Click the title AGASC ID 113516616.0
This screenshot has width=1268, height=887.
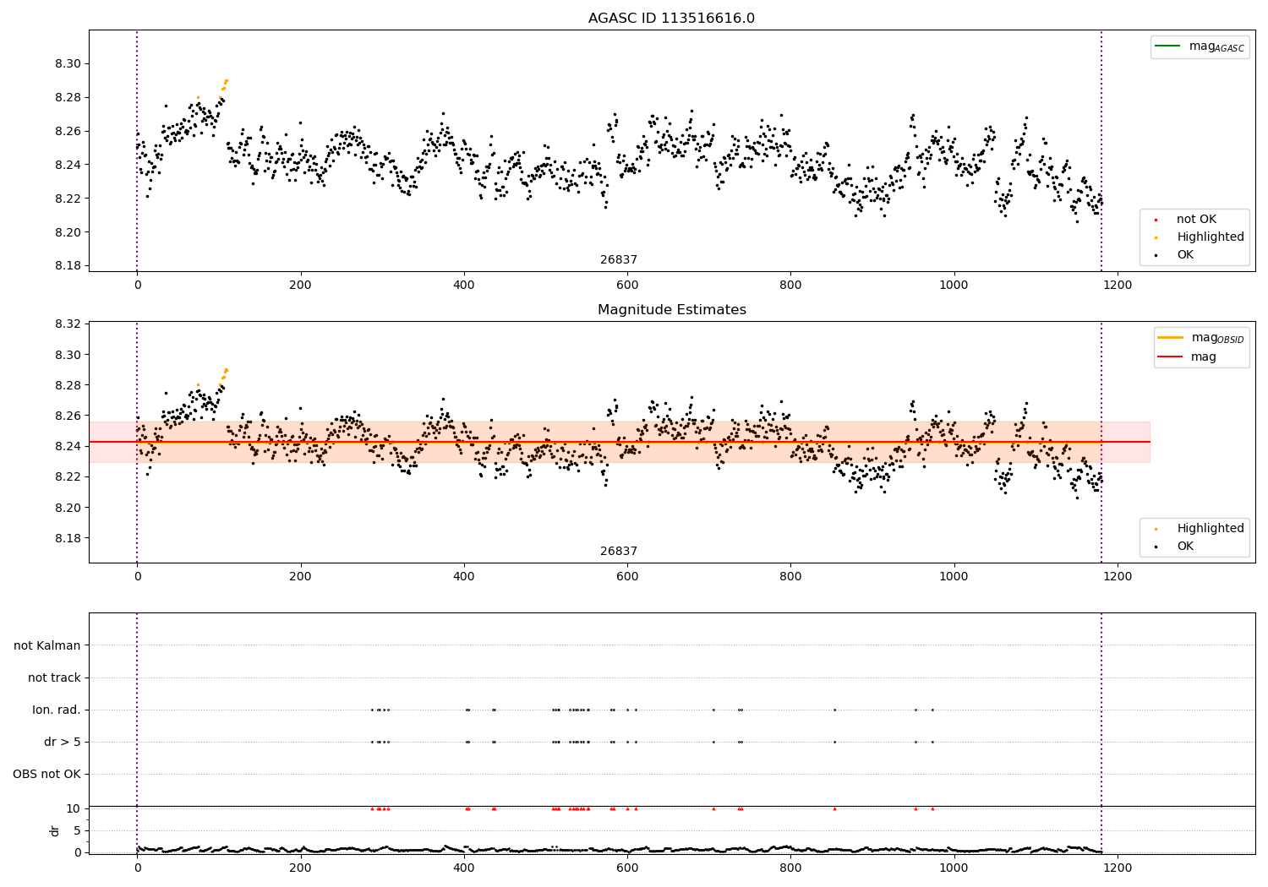click(671, 19)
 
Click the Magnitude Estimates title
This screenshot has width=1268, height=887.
click(671, 310)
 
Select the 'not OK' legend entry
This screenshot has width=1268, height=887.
click(1196, 220)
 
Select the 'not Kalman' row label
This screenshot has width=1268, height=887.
click(47, 645)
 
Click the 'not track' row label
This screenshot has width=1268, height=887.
click(54, 677)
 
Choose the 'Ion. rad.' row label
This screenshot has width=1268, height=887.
click(57, 710)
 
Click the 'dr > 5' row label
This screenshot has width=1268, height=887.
click(62, 742)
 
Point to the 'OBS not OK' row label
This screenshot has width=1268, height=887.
click(46, 774)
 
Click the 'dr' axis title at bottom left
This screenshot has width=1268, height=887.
click(55, 830)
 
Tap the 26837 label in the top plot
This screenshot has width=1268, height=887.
click(619, 260)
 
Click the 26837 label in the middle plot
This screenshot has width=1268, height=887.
click(619, 552)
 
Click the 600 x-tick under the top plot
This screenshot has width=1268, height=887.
click(627, 286)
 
